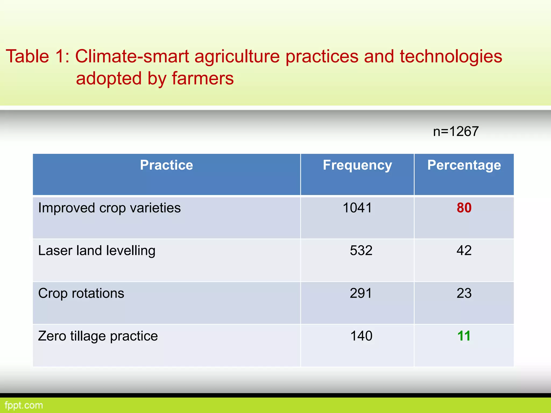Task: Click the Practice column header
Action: [166, 165]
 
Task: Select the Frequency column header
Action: [357, 165]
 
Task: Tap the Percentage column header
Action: [464, 165]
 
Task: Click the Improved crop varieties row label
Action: [109, 208]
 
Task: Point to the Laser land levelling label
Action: [97, 251]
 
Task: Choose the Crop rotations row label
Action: [81, 293]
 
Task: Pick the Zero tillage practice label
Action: [98, 336]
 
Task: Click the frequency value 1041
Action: [357, 208]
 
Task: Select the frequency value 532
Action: [361, 250]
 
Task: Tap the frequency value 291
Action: [361, 293]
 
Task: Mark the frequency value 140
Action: [361, 336]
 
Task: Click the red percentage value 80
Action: [464, 208]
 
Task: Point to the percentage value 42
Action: [464, 250]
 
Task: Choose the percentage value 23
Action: [464, 293]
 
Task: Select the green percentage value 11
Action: [464, 336]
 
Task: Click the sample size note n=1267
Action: [456, 131]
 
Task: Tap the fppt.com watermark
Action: [24, 405]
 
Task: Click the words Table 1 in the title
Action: [37, 56]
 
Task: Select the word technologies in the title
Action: [451, 56]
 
